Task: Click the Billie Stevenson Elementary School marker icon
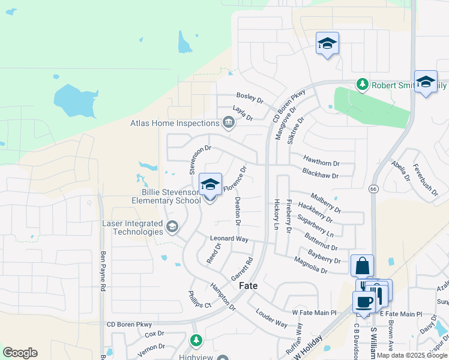point(210,185)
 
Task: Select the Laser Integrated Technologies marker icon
point(172,226)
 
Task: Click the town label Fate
point(249,286)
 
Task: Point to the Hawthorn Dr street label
point(321,163)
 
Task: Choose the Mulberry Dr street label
point(325,202)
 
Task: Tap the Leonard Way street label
point(229,239)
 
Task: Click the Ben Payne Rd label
point(103,271)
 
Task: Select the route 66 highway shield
point(373,188)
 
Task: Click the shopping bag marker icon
point(362,265)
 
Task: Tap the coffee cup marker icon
point(364,301)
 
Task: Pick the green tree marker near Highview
point(196,340)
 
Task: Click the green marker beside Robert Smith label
point(362,85)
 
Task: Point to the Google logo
point(20,352)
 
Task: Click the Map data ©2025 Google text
point(412,355)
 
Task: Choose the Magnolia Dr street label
point(310,265)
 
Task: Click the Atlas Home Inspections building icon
point(228,124)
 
